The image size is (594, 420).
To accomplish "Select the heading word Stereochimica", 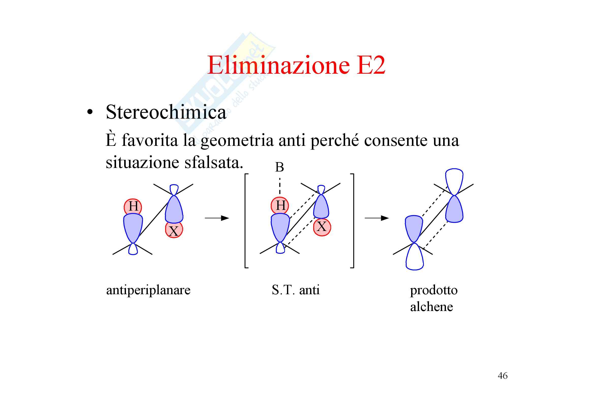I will pyautogui.click(x=166, y=113).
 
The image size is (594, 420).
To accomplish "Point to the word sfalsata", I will pyautogui.click(x=213, y=163).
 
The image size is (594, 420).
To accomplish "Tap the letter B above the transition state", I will pyautogui.click(x=279, y=167).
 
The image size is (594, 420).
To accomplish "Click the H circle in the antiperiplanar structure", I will pyautogui.click(x=133, y=207).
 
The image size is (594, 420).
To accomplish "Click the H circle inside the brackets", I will pyautogui.click(x=280, y=206).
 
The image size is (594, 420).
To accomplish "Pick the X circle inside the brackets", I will pyautogui.click(x=322, y=227).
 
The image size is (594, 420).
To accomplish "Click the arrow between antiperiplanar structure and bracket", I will pyautogui.click(x=217, y=218).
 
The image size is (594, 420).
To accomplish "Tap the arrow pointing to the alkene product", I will pyautogui.click(x=377, y=218).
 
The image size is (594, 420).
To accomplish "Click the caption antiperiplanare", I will pyautogui.click(x=148, y=290).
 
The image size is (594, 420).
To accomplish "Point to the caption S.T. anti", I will pyautogui.click(x=295, y=290).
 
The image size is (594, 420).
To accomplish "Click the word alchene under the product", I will pyautogui.click(x=431, y=307).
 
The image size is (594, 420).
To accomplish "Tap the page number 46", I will pyautogui.click(x=502, y=376).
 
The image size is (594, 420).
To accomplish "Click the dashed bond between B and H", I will pyautogui.click(x=280, y=186).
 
